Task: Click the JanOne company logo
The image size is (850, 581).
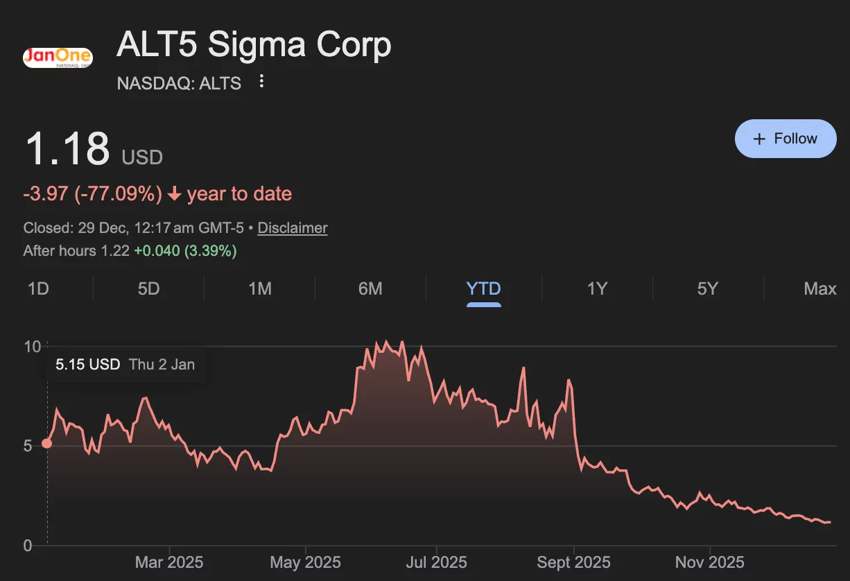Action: coord(58,57)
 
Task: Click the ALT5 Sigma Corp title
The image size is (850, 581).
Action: coord(254,45)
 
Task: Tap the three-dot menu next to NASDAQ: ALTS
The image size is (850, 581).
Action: coord(261,82)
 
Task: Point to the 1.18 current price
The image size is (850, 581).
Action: coord(67,148)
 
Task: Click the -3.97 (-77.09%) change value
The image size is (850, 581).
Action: coord(92,193)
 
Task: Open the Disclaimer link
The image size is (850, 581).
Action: coord(293,228)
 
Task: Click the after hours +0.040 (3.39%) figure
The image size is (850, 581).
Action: coord(185,251)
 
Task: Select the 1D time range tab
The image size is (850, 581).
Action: coord(38,288)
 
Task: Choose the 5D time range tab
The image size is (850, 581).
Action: coord(148,288)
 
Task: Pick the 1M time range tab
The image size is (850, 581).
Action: coord(260,288)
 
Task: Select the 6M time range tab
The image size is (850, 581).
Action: coord(370,288)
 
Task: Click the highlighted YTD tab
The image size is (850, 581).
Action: coord(483,288)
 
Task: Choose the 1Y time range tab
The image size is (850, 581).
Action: coord(597,288)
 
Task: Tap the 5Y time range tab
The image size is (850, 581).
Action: coord(707,288)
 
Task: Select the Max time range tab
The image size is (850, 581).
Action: coord(819,288)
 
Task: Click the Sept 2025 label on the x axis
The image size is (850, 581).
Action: coord(573,562)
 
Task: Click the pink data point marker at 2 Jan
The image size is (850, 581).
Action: coord(47,444)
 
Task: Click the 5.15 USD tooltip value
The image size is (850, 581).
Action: coord(88,365)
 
